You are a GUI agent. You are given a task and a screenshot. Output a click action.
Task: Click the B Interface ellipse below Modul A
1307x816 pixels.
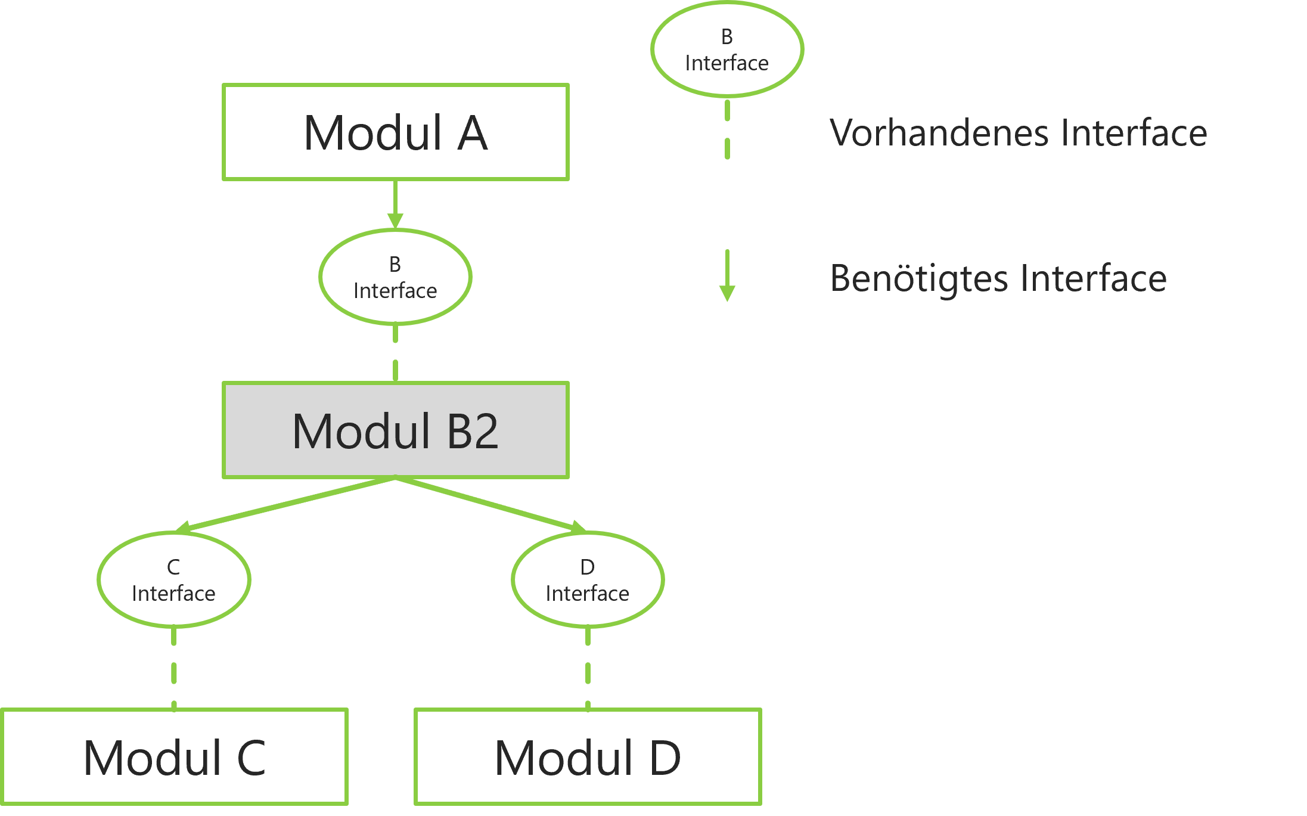click(395, 277)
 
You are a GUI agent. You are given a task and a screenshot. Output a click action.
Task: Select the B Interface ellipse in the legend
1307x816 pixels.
click(727, 49)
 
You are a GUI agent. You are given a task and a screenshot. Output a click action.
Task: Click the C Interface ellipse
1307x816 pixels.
click(173, 579)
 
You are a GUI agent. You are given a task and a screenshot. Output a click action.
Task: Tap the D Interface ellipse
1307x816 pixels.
click(588, 579)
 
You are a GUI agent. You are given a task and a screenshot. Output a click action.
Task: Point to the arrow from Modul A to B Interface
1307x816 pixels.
click(395, 203)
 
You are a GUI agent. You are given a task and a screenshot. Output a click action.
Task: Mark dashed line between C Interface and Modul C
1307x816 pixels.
click(173, 668)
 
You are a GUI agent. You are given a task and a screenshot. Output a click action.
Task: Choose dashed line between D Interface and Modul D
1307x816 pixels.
click(588, 668)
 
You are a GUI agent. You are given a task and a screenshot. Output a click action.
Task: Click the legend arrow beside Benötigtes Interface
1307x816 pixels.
click(727, 275)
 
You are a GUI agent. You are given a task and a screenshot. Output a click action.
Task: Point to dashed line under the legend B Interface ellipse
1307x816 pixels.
click(727, 129)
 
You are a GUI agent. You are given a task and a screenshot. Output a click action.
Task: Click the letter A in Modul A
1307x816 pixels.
click(473, 133)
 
